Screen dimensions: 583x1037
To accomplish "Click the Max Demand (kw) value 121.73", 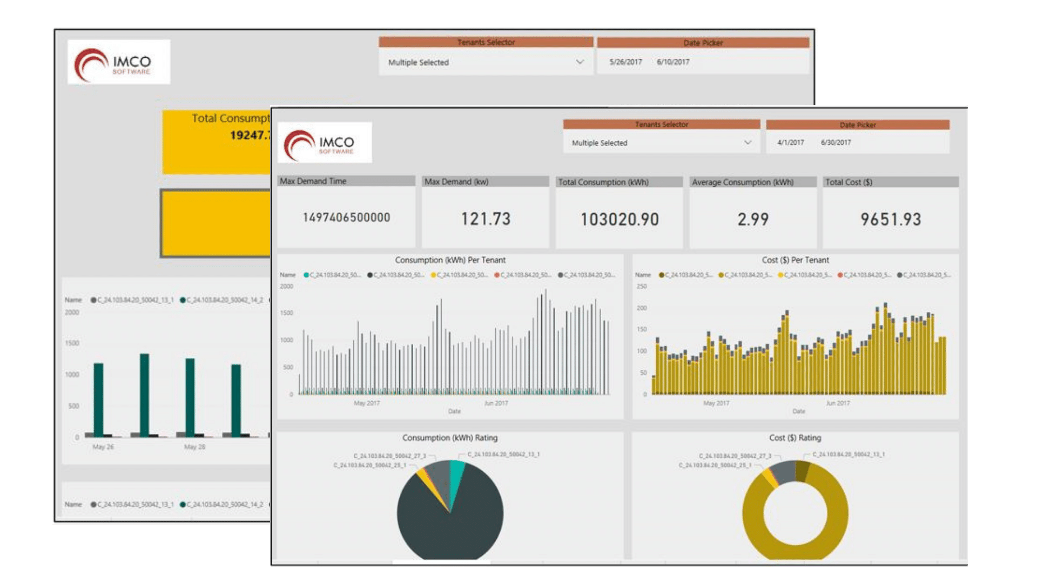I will (x=486, y=219).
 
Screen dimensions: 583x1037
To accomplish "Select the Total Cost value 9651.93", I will (x=891, y=219).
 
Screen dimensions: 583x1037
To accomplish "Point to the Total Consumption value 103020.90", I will (x=619, y=219).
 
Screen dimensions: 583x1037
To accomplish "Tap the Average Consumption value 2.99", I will (x=753, y=219).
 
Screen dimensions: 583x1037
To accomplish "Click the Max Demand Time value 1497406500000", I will (x=346, y=218).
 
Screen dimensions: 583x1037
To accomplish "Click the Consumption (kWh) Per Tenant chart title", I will (x=450, y=260).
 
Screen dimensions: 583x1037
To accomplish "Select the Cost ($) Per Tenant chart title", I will (x=795, y=260).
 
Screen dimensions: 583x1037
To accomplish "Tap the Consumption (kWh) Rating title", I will (x=449, y=438).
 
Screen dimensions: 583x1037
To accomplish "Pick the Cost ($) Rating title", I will (x=795, y=438).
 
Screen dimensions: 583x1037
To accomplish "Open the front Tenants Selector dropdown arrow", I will (x=748, y=143).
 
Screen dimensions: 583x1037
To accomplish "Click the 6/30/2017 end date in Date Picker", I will (x=836, y=143).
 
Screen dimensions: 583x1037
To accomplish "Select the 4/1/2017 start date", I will (x=790, y=143).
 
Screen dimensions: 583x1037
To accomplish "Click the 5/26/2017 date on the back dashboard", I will (x=625, y=62).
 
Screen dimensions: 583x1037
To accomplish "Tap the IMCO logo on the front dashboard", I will (x=325, y=143).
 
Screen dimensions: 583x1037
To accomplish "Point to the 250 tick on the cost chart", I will (x=642, y=287).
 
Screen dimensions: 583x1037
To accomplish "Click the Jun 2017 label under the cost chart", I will (x=838, y=403).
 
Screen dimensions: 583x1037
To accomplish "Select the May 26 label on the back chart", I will (x=103, y=447).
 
